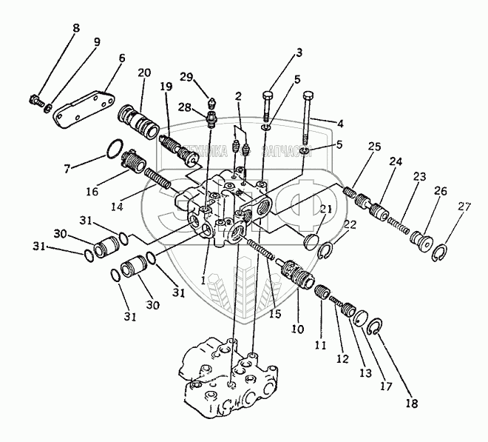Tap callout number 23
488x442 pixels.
[x=420, y=177]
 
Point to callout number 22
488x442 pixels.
[x=349, y=224]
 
